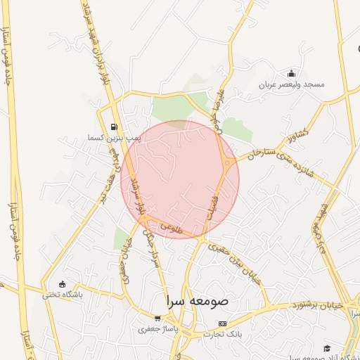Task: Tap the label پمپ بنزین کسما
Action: [x=114, y=138]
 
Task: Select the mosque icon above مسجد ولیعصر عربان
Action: [x=292, y=74]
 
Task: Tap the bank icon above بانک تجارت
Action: [x=223, y=323]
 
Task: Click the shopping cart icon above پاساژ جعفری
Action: [x=158, y=318]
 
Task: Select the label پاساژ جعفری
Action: [x=158, y=328]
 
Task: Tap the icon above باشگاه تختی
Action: [x=63, y=284]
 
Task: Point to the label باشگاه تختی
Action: [x=63, y=295]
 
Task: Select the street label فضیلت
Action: [x=214, y=204]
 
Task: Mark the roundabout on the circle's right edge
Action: [x=228, y=163]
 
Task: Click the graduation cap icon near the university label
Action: [x=327, y=348]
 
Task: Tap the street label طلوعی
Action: [x=171, y=228]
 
